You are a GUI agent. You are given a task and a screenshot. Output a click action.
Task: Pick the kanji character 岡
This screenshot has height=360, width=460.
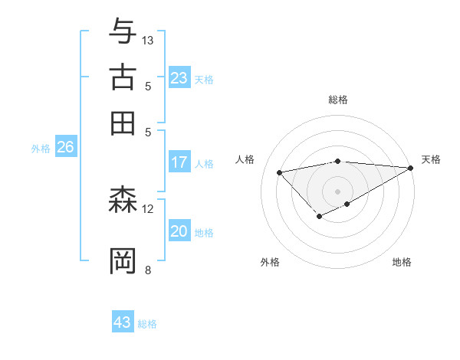(x=123, y=260)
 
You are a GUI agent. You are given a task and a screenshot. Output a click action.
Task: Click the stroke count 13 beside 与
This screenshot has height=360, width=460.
(x=148, y=40)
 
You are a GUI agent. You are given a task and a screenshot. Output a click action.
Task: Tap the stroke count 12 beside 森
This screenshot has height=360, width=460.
(x=148, y=208)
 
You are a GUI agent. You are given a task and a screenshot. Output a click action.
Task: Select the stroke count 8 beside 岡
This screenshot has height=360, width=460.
(x=148, y=270)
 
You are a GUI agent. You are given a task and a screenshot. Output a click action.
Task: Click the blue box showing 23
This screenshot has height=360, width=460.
(x=179, y=78)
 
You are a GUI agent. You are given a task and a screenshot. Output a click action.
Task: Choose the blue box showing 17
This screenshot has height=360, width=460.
(x=179, y=162)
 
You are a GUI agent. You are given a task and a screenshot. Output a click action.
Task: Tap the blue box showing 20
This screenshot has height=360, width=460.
(x=179, y=231)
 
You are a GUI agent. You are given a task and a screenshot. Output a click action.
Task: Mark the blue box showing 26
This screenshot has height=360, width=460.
(x=65, y=148)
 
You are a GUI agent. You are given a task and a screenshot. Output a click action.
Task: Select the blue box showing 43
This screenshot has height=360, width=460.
(x=123, y=322)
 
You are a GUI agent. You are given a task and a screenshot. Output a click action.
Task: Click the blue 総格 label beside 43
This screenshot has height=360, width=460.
(x=147, y=324)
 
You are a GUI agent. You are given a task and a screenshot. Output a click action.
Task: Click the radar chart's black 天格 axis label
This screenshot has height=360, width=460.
(x=431, y=159)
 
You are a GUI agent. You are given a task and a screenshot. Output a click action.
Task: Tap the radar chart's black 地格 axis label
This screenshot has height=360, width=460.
(x=402, y=262)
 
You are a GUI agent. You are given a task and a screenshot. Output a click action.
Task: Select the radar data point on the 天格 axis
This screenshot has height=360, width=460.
(x=411, y=168)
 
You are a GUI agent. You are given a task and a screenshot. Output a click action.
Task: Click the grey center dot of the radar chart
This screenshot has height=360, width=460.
(x=337, y=190)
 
